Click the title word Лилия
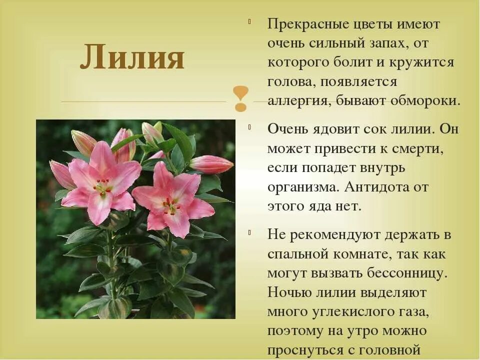(x=132, y=56)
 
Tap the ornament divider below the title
(x=240, y=98)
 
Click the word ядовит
(x=334, y=128)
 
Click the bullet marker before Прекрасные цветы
(x=249, y=21)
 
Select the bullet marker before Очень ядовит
(x=249, y=126)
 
